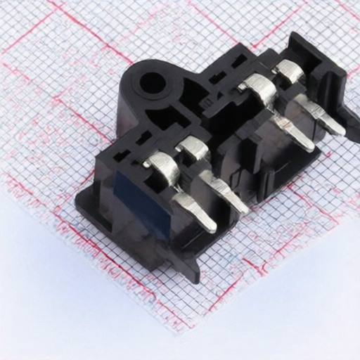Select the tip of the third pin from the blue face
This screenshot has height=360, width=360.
coord(307,146)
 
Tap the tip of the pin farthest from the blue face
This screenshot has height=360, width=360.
coord(338,129)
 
